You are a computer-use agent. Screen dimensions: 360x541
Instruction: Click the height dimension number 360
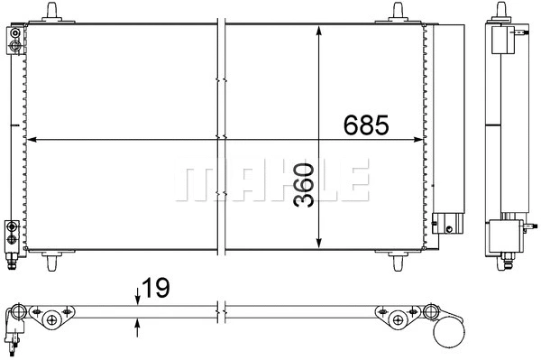tap(304, 185)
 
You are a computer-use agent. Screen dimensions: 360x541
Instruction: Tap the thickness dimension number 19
tap(156, 289)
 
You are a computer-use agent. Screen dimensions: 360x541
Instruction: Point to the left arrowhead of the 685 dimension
tap(32, 140)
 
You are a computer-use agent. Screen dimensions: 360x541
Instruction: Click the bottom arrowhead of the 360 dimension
tap(318, 245)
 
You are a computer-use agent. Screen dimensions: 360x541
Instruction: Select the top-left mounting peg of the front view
tap(55, 12)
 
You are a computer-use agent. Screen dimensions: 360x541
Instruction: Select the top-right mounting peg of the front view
tap(399, 12)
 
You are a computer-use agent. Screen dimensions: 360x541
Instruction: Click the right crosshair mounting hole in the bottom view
tap(398, 317)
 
